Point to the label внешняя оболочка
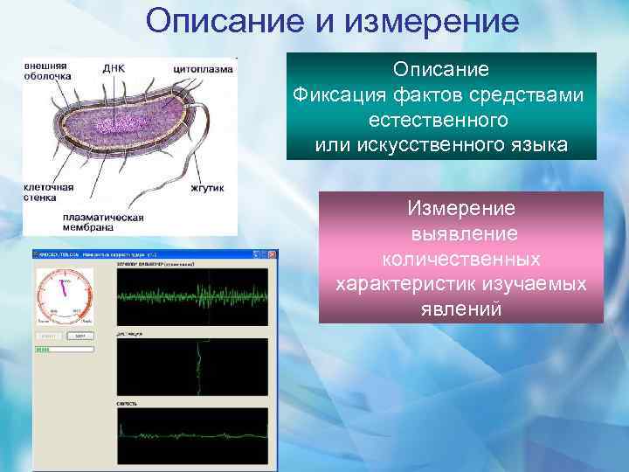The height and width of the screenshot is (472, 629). [x=47, y=69]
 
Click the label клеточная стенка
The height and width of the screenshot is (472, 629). [x=48, y=192]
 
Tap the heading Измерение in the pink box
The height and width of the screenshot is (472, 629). [x=461, y=209]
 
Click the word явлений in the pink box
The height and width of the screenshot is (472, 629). [x=461, y=308]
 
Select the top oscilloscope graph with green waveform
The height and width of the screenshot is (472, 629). [x=193, y=295]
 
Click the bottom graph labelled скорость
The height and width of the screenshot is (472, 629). [x=193, y=434]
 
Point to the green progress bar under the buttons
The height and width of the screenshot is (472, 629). [x=45, y=350]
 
